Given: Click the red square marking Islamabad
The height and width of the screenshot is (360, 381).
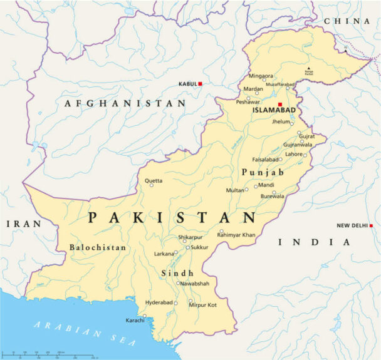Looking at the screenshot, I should tap(280, 104).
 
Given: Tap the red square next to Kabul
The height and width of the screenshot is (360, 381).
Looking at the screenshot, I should tap(201, 83).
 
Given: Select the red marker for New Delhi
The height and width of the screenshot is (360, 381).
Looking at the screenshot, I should tap(371, 225).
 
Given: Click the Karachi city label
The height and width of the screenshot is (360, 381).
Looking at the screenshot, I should tap(135, 321).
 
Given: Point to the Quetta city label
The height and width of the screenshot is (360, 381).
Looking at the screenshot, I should tap(154, 181).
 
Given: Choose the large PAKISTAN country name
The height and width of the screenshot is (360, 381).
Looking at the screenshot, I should tap(172, 218).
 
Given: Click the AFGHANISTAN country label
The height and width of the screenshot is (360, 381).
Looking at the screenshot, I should tap(125, 103).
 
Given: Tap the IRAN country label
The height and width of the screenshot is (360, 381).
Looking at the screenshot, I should tap(24, 224).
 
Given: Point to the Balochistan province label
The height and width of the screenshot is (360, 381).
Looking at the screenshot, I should tap(98, 247).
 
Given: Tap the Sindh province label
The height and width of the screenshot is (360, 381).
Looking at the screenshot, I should tap(177, 274).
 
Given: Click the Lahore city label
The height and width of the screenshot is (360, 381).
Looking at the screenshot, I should tap(293, 154).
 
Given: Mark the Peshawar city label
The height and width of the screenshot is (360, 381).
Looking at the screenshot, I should tap(248, 101).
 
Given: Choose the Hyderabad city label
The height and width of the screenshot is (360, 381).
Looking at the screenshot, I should tap(159, 302).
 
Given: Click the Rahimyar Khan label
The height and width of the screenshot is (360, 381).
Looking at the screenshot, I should tap(236, 235).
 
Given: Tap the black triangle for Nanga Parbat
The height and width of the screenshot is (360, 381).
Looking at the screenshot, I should tap(308, 68).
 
